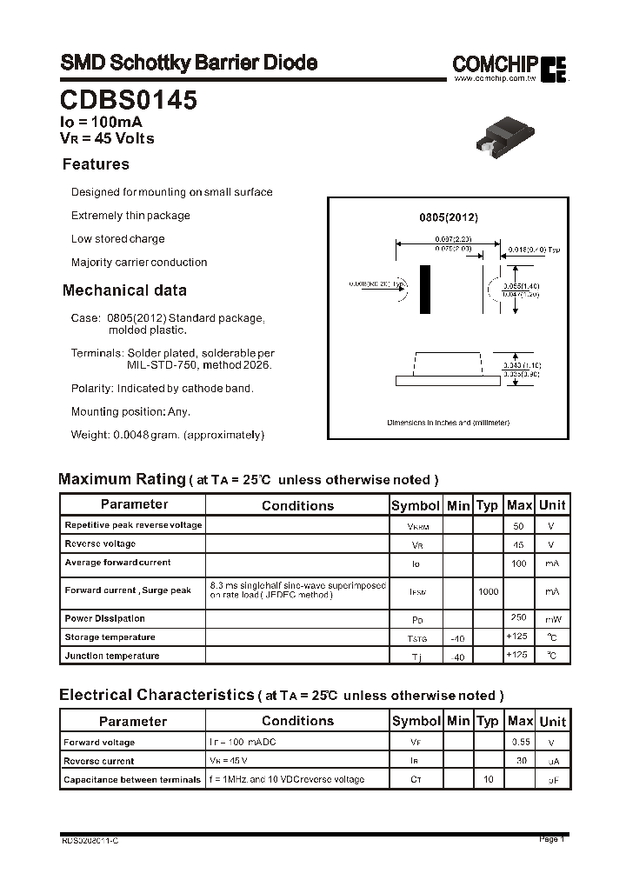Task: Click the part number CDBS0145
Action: pyautogui.click(x=129, y=101)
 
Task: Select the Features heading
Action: pyautogui.click(x=96, y=164)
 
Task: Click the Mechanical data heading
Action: pyautogui.click(x=124, y=290)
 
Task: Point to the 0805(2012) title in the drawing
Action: pyautogui.click(x=449, y=218)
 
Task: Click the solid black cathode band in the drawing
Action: pyautogui.click(x=424, y=290)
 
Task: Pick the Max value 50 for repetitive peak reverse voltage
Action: pyautogui.click(x=519, y=526)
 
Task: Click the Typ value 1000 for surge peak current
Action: pyautogui.click(x=488, y=591)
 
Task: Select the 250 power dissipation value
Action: pyautogui.click(x=519, y=617)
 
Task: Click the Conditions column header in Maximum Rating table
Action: pyautogui.click(x=297, y=505)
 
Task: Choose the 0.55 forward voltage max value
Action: pyautogui.click(x=519, y=742)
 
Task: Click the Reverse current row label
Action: pyautogui.click(x=99, y=761)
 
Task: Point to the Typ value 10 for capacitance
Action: pyautogui.click(x=488, y=779)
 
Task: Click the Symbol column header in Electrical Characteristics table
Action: pyautogui.click(x=416, y=721)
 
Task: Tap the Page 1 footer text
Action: pyautogui.click(x=551, y=839)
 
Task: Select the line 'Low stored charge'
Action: pyautogui.click(x=117, y=239)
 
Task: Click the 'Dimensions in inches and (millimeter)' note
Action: pyautogui.click(x=448, y=423)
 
